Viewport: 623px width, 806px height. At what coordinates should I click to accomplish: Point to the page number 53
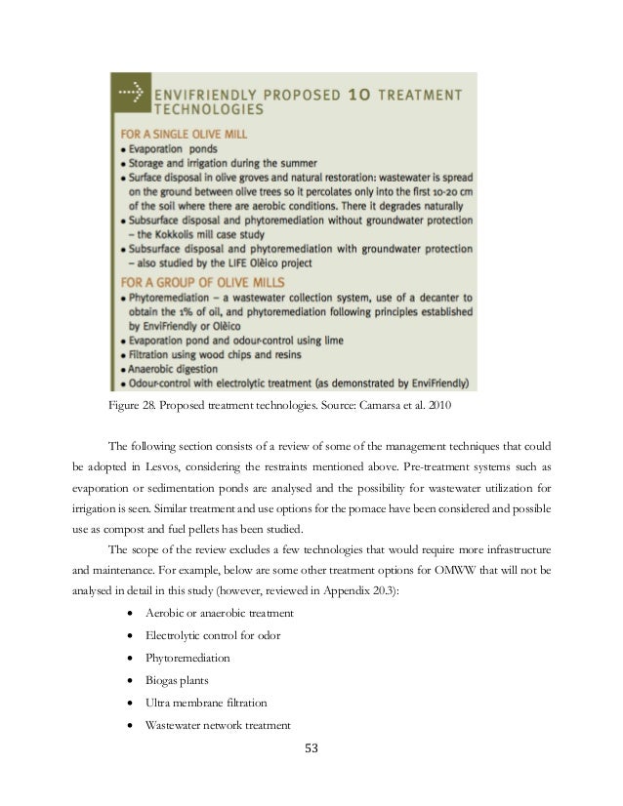coord(311,749)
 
